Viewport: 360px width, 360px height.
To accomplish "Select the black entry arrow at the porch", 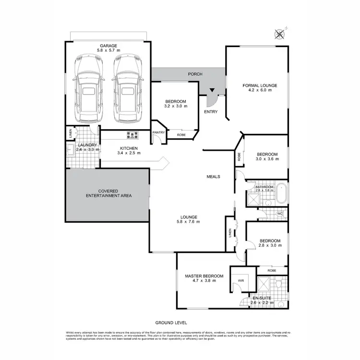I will [x=212, y=90].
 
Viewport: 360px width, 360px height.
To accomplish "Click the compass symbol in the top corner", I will [x=279, y=34].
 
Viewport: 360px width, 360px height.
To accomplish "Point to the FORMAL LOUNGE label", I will [x=259, y=85].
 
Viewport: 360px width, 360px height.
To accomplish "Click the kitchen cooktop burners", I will [x=132, y=135].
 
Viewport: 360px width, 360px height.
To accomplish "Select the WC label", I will [x=280, y=214].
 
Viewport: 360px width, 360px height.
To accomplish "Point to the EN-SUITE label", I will [x=262, y=298].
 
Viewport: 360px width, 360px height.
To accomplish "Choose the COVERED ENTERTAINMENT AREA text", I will [x=108, y=193].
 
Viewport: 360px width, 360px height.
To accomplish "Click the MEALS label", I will [x=213, y=177].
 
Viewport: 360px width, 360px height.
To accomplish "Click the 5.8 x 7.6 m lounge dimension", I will [x=188, y=222].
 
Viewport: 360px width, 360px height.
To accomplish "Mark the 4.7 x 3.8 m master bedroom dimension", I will [x=204, y=281].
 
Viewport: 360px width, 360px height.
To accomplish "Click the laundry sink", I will [x=71, y=150].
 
